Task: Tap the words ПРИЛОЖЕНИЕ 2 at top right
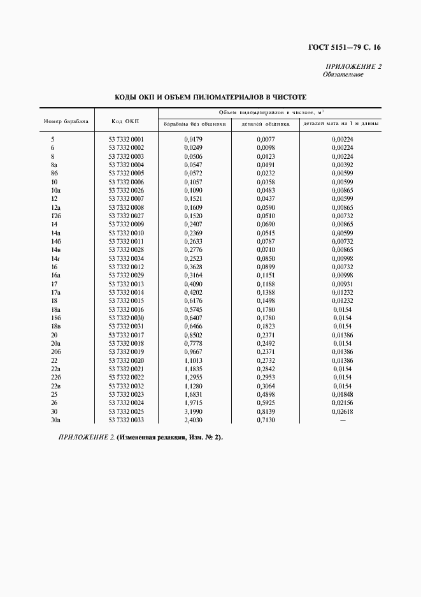[353, 67]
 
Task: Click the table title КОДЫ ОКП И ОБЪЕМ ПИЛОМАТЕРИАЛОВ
[210, 98]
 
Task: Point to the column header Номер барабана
[66, 121]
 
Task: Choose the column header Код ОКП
[125, 121]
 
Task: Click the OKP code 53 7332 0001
[126, 139]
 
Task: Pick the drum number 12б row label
[55, 216]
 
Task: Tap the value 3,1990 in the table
[193, 411]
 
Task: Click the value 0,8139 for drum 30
[266, 411]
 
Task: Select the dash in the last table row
[343, 420]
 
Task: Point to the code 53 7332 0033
[126, 420]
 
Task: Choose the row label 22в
[55, 386]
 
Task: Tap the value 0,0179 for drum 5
[193, 139]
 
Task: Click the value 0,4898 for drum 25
[266, 394]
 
